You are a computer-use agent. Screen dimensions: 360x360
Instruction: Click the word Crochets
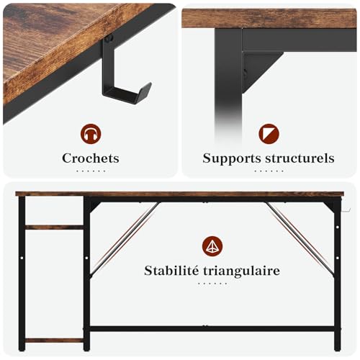point(90,158)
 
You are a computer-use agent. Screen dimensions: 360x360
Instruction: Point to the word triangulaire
point(245,271)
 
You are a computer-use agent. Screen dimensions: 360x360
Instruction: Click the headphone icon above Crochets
point(91,133)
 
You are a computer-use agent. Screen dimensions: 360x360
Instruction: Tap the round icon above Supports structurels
point(269,133)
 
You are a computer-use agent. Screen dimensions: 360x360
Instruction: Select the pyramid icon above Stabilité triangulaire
point(212,246)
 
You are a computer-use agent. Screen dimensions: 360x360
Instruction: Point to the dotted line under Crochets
point(91,171)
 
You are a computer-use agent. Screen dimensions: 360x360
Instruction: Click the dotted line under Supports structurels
point(269,171)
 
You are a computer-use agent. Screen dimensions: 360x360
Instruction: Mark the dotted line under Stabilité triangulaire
point(212,284)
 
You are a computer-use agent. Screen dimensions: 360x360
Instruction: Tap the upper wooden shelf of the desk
point(55,227)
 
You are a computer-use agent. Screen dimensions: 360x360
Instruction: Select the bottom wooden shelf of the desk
point(55,340)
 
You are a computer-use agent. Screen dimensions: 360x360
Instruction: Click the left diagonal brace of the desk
point(122,238)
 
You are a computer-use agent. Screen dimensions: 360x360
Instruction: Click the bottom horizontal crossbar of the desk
point(212,328)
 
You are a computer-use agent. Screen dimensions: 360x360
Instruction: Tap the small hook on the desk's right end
point(345,210)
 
